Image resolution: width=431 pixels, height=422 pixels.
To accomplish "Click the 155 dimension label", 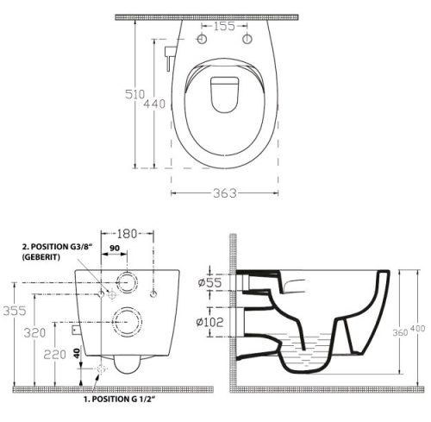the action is pyautogui.click(x=224, y=26).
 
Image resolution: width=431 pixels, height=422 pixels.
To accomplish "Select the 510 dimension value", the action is pyautogui.click(x=135, y=94).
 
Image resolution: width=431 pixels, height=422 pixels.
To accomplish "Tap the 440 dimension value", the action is pyautogui.click(x=154, y=104).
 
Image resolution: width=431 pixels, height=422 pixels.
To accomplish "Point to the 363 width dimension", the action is pyautogui.click(x=225, y=193).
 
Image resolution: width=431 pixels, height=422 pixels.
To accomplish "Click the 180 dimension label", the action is pyautogui.click(x=127, y=234).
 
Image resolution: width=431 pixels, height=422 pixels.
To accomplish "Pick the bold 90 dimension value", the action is pyautogui.click(x=115, y=248).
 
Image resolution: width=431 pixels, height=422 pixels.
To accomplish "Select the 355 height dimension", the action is pyautogui.click(x=15, y=311).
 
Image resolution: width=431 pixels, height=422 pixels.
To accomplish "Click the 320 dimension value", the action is pyautogui.click(x=34, y=333).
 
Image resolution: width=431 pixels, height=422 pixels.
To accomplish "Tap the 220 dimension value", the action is pyautogui.click(x=54, y=355).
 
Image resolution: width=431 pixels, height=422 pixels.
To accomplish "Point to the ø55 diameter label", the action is pyautogui.click(x=210, y=282).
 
